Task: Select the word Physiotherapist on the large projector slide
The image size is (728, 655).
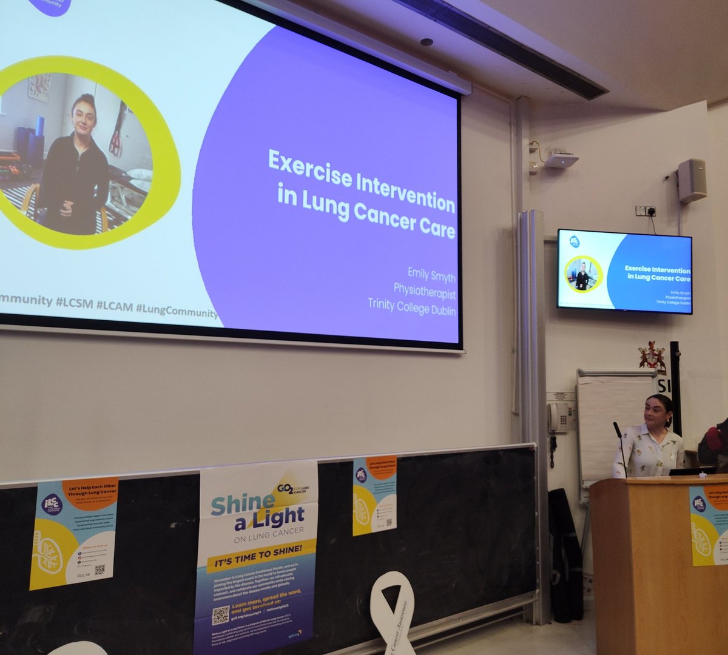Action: pyautogui.click(x=424, y=291)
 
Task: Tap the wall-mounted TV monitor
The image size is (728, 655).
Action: pyautogui.click(x=624, y=270)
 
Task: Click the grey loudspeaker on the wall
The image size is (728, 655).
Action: pyautogui.click(x=692, y=180)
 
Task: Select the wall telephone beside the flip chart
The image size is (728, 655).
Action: pyautogui.click(x=558, y=417)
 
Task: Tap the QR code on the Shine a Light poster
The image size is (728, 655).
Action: pyautogui.click(x=221, y=615)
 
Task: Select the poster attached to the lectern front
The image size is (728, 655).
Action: pyautogui.click(x=709, y=525)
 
